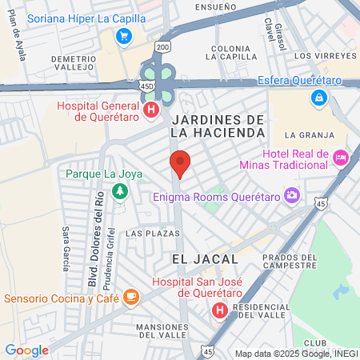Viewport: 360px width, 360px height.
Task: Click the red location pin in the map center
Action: pos(180,162)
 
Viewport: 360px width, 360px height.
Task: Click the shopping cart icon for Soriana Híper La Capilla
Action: pos(123,35)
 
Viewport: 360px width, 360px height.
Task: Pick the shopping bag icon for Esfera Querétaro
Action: pos(319,96)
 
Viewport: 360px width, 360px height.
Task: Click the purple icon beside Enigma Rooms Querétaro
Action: pos(293,194)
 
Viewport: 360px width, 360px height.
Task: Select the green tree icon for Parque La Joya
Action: pos(119,190)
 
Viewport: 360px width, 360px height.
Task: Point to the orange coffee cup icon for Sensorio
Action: pos(131,298)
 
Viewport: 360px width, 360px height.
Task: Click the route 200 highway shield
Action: pos(164,47)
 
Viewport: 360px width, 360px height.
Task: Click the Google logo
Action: pos(26,350)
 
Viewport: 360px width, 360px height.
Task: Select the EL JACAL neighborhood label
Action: pos(205,258)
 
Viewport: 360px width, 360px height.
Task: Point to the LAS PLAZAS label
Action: pos(147,233)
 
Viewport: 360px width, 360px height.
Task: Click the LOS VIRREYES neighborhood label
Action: pos(325,56)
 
